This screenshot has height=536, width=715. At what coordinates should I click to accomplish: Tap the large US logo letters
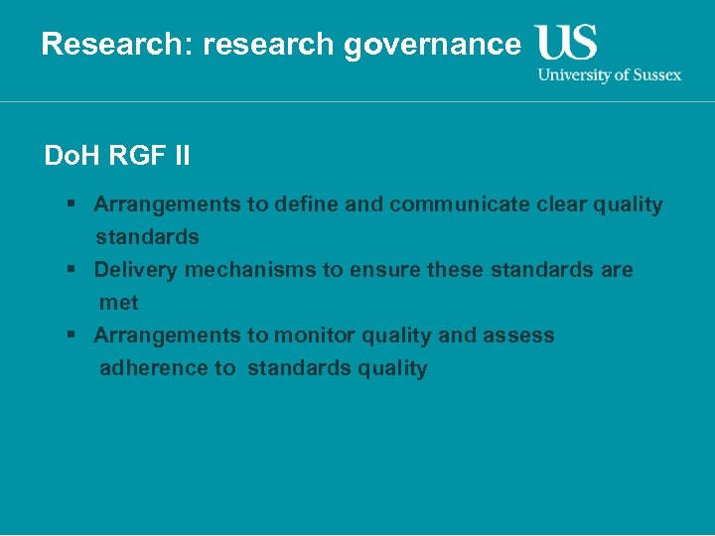point(566,43)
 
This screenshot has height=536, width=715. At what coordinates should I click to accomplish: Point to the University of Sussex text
point(610,75)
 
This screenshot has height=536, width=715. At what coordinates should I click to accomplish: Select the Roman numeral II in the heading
point(180,156)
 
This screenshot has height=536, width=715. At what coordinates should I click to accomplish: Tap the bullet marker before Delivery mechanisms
point(72,270)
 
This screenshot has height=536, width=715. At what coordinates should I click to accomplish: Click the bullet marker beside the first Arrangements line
point(72,204)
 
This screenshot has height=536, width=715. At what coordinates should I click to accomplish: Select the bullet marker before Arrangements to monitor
point(72,335)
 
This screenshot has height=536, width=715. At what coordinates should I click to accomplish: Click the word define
point(309,204)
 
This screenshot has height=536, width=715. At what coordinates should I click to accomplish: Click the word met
point(118,303)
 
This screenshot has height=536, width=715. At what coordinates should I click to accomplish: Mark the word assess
point(518,335)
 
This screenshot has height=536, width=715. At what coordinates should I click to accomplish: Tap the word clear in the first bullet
point(560,204)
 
